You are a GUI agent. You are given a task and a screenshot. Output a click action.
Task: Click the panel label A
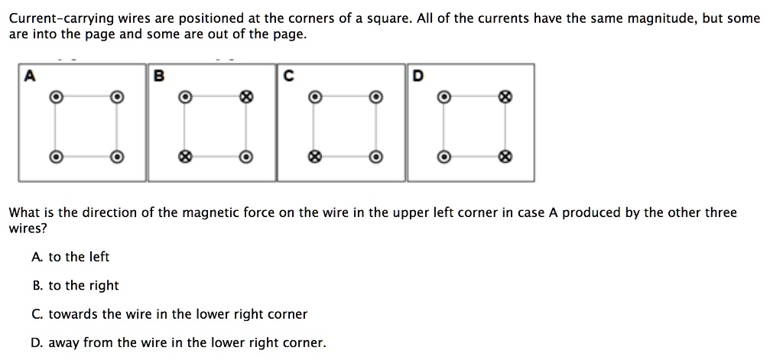tap(31, 75)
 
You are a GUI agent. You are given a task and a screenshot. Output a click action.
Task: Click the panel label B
tap(158, 75)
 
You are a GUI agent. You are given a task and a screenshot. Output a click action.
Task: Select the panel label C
tap(288, 75)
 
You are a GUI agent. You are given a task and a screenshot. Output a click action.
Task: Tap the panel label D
tap(417, 75)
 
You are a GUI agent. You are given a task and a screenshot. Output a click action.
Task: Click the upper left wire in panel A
tap(54, 97)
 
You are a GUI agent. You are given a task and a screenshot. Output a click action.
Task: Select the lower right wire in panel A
tap(116, 156)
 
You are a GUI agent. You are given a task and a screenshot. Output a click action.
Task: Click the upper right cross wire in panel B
tap(245, 97)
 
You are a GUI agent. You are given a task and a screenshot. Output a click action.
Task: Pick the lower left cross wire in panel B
tap(184, 156)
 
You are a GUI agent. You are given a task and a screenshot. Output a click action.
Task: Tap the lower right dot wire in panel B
tap(245, 156)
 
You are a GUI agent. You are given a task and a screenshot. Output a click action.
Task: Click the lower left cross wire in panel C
tap(313, 156)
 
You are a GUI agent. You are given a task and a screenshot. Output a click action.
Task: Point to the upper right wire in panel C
tap(375, 97)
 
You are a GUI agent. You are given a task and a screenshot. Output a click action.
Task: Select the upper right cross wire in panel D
tap(504, 97)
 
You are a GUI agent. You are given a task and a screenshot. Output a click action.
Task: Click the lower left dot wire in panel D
tap(442, 156)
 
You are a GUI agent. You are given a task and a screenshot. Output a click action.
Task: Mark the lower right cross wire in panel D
tap(504, 156)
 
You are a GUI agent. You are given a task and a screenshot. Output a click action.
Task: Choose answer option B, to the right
tap(76, 285)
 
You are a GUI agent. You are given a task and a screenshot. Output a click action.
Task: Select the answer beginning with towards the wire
tap(170, 313)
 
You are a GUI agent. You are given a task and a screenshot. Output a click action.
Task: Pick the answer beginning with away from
tap(179, 342)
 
